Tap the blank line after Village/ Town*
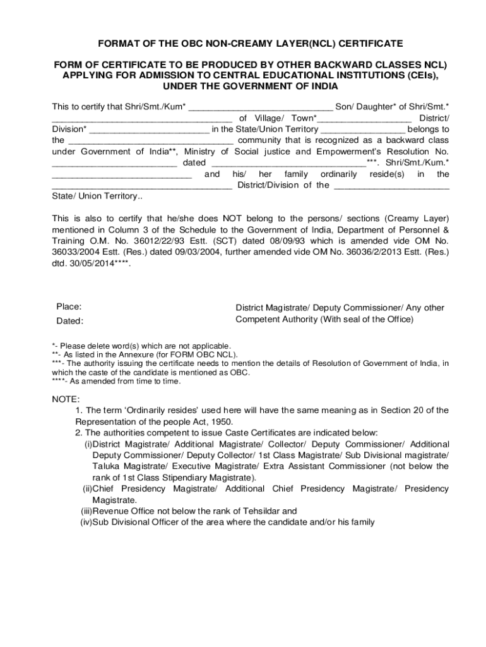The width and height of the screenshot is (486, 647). (364, 118)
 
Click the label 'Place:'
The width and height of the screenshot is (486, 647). (69, 306)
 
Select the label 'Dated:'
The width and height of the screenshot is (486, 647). (69, 320)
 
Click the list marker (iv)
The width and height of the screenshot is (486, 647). (86, 522)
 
